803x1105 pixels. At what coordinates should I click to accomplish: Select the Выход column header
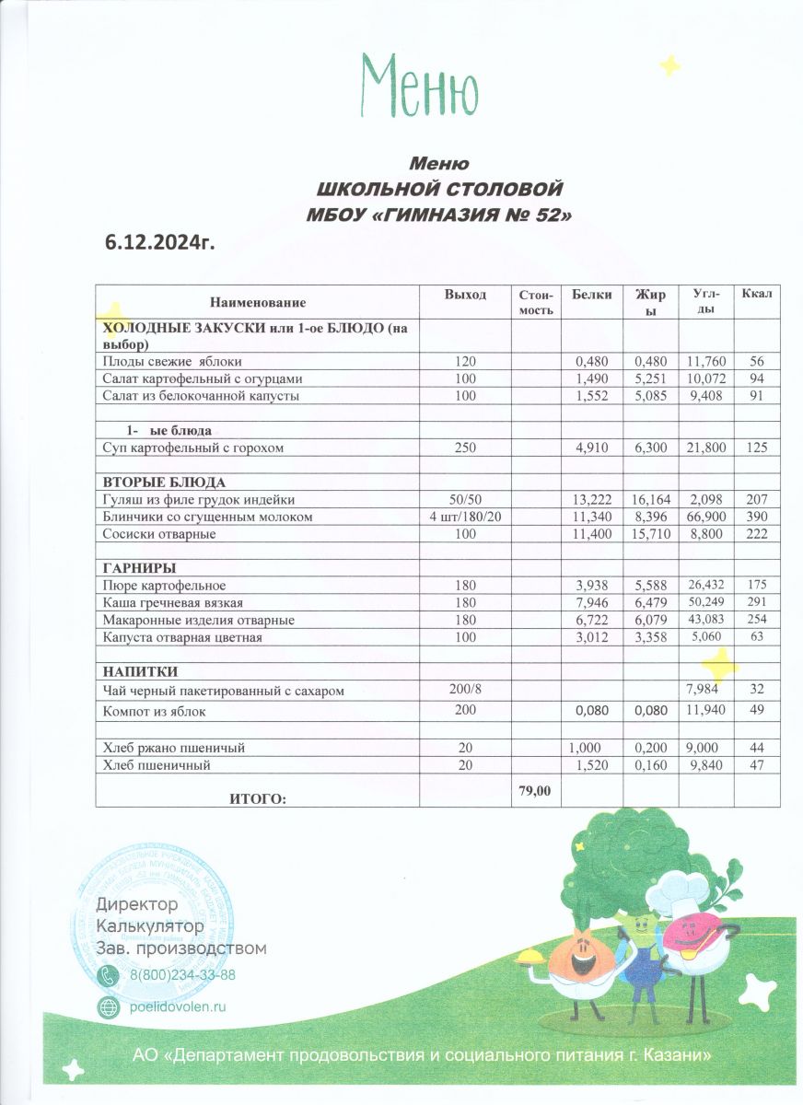click(465, 295)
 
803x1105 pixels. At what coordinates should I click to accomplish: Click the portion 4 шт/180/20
click(465, 517)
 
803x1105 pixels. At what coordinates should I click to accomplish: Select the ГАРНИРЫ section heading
click(139, 567)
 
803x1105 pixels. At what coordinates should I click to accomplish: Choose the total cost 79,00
click(535, 790)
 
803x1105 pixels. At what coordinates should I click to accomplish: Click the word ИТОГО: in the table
click(258, 797)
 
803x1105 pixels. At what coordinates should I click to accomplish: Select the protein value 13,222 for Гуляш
click(592, 500)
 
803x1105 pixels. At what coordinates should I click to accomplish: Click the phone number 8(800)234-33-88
click(182, 975)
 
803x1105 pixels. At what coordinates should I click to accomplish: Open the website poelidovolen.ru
click(177, 1006)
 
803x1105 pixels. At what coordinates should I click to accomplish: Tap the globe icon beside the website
click(109, 1006)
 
